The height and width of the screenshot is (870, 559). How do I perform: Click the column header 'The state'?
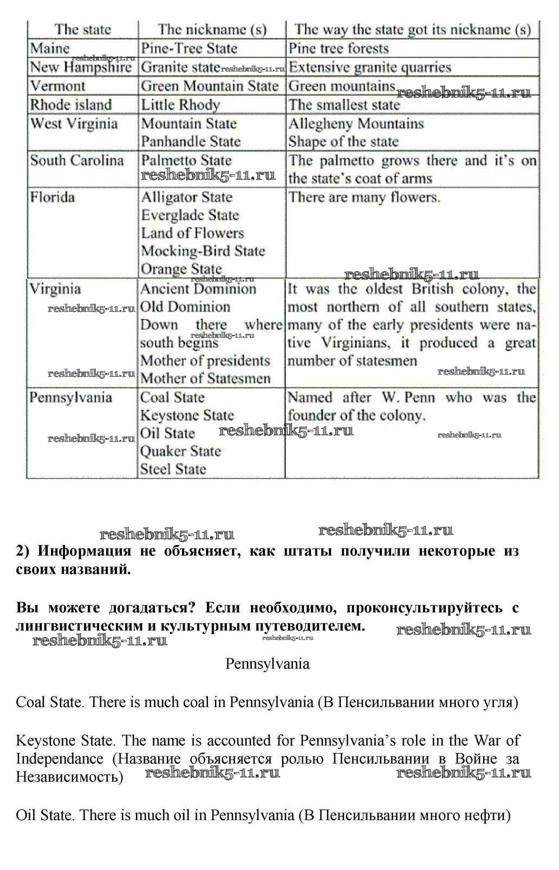pyautogui.click(x=82, y=29)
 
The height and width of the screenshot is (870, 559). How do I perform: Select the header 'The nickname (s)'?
pyautogui.click(x=212, y=29)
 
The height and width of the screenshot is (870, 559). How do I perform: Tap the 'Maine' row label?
pyautogui.click(x=50, y=48)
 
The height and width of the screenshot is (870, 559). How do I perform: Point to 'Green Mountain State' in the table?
pyautogui.click(x=210, y=86)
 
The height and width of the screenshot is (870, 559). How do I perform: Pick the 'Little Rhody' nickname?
pyautogui.click(x=180, y=104)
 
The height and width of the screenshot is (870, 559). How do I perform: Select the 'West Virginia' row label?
pyautogui.click(x=74, y=123)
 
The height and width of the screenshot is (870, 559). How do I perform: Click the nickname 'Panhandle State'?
pyautogui.click(x=191, y=141)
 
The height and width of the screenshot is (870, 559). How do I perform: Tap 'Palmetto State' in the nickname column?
pyautogui.click(x=186, y=160)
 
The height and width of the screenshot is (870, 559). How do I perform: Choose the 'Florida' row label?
pyautogui.click(x=53, y=197)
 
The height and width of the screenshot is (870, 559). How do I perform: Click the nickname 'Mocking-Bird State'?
pyautogui.click(x=203, y=251)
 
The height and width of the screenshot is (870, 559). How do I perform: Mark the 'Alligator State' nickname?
pyautogui.click(x=187, y=197)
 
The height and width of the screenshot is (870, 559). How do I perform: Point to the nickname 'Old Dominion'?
pyautogui.click(x=185, y=307)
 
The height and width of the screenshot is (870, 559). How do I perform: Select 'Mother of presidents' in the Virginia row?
pyautogui.click(x=205, y=361)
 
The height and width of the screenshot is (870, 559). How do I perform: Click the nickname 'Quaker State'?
pyautogui.click(x=180, y=451)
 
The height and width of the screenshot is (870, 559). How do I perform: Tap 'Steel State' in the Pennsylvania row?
pyautogui.click(x=173, y=469)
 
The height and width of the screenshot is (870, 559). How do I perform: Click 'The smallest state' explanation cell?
pyautogui.click(x=344, y=104)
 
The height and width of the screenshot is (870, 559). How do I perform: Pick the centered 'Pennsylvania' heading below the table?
pyautogui.click(x=267, y=664)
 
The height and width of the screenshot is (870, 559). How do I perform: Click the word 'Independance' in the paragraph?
pyautogui.click(x=60, y=758)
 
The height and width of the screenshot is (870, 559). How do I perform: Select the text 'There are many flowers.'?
pyautogui.click(x=364, y=197)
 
